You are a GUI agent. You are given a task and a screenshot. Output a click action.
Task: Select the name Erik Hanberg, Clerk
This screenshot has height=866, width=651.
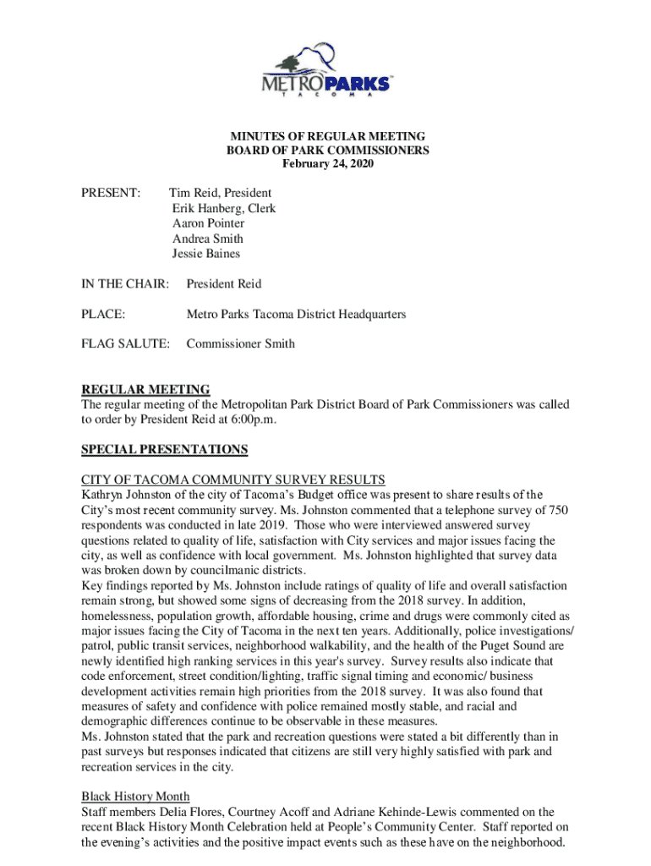223,208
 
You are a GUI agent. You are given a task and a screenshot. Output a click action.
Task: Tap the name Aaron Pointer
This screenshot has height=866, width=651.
208,223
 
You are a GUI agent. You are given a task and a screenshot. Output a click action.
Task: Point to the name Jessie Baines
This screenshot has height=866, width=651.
205,254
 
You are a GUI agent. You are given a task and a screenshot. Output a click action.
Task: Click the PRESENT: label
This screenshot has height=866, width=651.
110,193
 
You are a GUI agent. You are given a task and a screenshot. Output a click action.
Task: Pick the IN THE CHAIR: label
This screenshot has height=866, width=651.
124,284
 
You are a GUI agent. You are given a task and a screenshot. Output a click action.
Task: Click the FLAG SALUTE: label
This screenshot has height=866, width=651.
125,344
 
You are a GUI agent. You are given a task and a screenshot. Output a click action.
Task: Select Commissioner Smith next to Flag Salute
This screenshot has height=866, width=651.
240,344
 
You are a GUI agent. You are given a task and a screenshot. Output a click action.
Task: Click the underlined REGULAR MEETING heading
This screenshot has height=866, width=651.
145,389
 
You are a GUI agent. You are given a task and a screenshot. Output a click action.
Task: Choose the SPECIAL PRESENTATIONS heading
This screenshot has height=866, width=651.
165,450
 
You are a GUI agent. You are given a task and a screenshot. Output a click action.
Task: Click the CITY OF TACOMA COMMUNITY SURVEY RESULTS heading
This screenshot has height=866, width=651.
233,480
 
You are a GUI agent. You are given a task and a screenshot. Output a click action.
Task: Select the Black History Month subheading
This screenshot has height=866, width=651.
135,797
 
